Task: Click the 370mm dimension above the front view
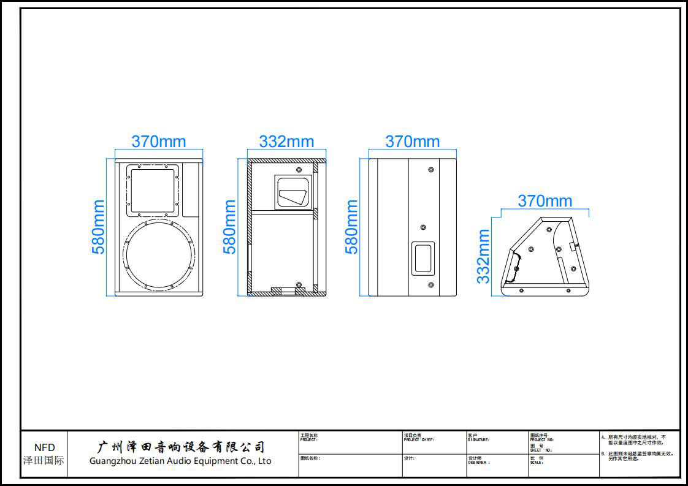[159, 142]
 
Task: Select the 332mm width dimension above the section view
[286, 142]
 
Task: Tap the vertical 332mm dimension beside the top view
[484, 256]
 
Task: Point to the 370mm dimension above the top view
[545, 201]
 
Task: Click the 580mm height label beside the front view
[99, 227]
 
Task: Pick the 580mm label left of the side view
[351, 227]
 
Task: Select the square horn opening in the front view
[153, 189]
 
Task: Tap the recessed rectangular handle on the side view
[422, 257]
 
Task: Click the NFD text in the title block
[44, 447]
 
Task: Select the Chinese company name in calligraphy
[182, 447]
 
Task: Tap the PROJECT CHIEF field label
[419, 440]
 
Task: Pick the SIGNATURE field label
[478, 440]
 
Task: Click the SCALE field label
[537, 463]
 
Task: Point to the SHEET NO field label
[541, 450]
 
